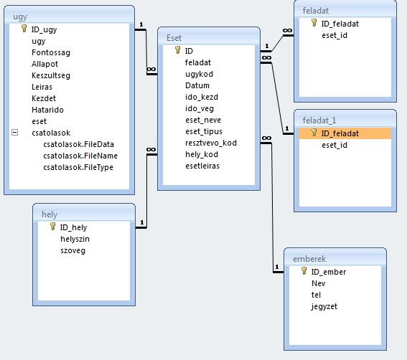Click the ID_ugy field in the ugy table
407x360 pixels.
click(x=44, y=29)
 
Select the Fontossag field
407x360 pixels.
click(x=51, y=52)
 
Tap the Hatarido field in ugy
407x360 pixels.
click(x=47, y=110)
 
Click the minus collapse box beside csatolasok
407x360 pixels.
click(x=15, y=133)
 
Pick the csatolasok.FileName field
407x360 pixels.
click(x=80, y=156)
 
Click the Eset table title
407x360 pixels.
click(x=174, y=38)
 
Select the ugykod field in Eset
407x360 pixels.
click(x=199, y=74)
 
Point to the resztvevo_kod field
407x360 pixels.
click(x=211, y=143)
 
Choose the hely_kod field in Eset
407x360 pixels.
click(x=202, y=155)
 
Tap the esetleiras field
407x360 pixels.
click(x=202, y=166)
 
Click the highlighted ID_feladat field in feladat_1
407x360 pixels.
click(x=340, y=133)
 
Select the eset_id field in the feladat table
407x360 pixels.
click(x=335, y=35)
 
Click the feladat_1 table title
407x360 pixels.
click(x=319, y=120)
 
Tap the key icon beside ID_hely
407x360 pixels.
click(x=52, y=227)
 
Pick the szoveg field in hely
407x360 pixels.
click(x=72, y=251)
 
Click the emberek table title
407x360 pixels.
click(x=309, y=259)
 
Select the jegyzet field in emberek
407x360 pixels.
click(x=324, y=306)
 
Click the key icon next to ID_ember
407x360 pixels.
click(x=304, y=271)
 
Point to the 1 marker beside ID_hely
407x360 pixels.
click(x=141, y=222)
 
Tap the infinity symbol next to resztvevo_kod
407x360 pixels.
click(x=266, y=138)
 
